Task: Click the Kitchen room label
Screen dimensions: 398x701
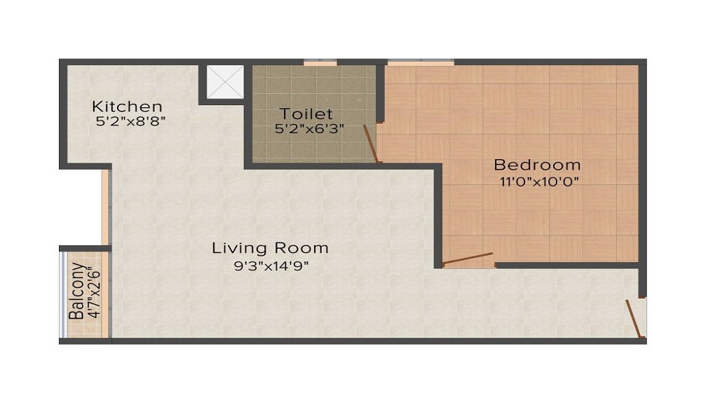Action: click(127, 107)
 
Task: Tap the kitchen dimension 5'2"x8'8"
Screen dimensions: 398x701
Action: click(130, 121)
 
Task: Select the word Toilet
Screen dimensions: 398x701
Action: click(306, 114)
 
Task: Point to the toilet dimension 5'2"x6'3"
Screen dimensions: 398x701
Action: click(309, 129)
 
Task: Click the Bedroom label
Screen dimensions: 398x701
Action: click(537, 165)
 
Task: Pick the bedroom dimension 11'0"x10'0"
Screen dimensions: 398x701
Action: click(537, 181)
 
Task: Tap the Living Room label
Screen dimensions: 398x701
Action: click(270, 248)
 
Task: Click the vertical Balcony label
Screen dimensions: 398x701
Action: click(77, 291)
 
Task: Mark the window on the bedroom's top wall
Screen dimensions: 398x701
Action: click(420, 62)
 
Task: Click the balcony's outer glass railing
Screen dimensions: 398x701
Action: click(62, 294)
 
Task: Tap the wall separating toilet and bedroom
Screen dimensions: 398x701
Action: click(381, 91)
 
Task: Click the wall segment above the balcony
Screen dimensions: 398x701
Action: click(85, 247)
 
